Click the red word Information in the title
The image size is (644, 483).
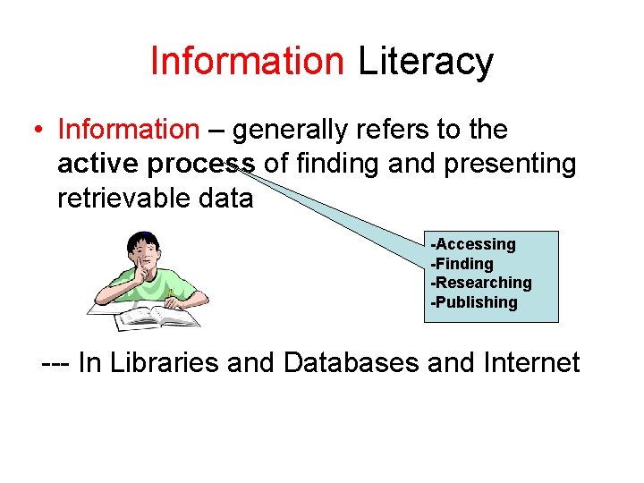click(x=247, y=61)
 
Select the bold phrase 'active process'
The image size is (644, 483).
click(x=157, y=165)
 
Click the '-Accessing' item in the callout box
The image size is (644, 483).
click(x=473, y=244)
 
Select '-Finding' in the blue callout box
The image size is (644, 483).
click(x=462, y=264)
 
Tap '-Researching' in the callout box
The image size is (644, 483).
click(x=481, y=283)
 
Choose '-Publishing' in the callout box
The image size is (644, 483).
click(x=474, y=302)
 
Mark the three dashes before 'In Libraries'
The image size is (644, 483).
click(x=55, y=364)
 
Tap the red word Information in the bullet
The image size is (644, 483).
click(x=128, y=131)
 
